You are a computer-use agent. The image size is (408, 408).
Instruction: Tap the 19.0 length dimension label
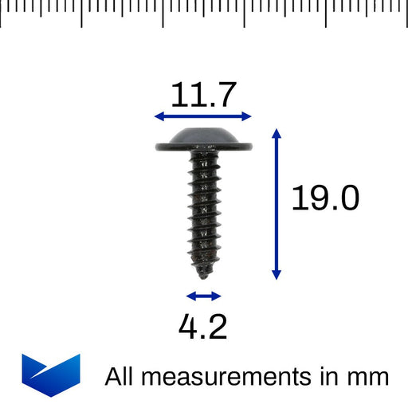324,198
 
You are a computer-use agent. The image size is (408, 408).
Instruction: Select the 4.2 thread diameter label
202,327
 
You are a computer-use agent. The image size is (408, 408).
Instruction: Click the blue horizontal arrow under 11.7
203,116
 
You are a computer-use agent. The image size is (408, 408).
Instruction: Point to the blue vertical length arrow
277,204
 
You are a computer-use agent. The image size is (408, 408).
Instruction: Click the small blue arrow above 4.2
205,296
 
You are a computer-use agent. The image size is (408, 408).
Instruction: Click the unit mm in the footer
370,376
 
